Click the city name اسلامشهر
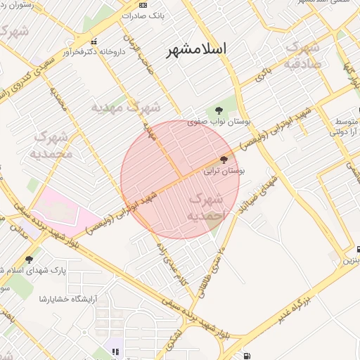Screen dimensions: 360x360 196,49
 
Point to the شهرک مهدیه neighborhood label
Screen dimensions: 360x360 126,108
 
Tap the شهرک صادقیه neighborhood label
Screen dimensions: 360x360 303,55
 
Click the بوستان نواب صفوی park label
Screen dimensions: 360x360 219,122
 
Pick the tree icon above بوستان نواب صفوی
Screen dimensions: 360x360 219,109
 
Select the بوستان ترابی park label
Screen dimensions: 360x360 224,170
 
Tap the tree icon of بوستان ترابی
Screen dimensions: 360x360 224,159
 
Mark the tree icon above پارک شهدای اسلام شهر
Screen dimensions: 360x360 30,259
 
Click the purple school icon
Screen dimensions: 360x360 115,351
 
